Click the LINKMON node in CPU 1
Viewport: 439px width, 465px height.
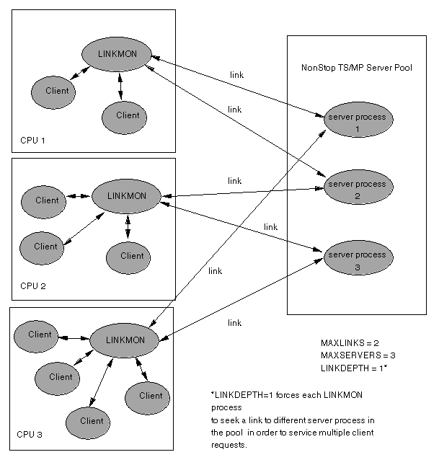(x=115, y=54)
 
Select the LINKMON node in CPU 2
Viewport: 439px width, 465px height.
(x=126, y=196)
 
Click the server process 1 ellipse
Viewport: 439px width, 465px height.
(x=357, y=122)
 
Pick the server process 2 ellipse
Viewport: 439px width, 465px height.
(x=357, y=190)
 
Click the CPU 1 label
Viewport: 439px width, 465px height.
(x=33, y=140)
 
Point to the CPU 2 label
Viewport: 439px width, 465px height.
(x=33, y=286)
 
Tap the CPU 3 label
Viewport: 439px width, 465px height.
(x=30, y=435)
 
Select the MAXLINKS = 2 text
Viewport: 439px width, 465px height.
(x=350, y=343)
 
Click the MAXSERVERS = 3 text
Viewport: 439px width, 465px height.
(x=358, y=355)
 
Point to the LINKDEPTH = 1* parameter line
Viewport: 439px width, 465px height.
(x=355, y=368)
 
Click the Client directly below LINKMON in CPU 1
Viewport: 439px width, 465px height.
(x=128, y=115)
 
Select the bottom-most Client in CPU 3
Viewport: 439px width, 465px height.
(x=92, y=421)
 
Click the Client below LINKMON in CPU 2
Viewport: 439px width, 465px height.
(x=132, y=256)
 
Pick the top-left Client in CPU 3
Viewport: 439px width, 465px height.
(x=40, y=335)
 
